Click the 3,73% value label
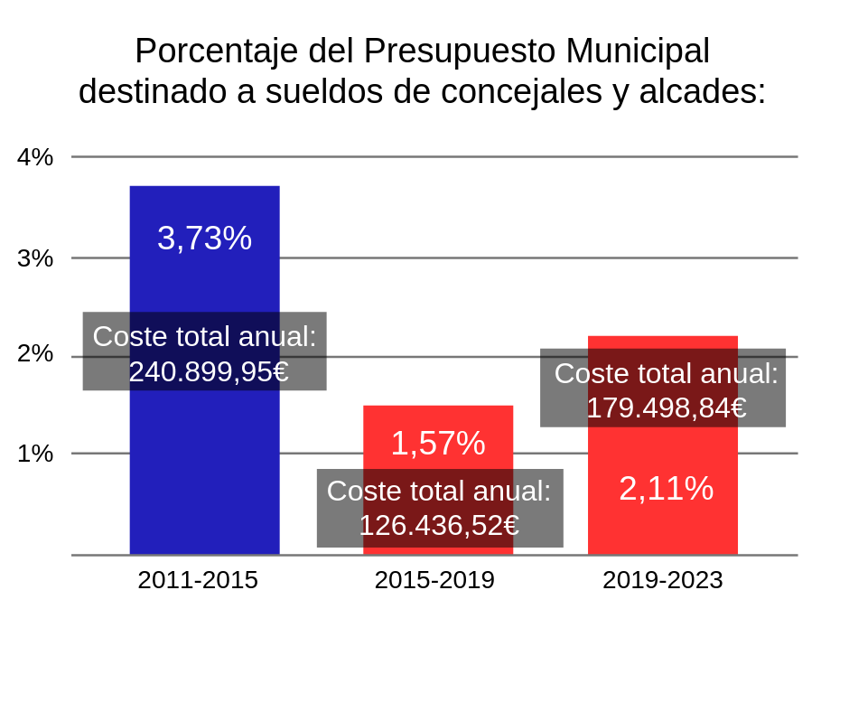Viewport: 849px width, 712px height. click(x=204, y=239)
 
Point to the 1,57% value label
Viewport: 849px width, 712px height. click(x=438, y=444)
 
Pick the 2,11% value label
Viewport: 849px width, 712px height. click(x=667, y=489)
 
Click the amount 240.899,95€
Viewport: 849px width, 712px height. click(x=209, y=371)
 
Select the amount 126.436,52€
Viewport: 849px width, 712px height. click(x=439, y=525)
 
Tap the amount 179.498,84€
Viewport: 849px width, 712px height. click(x=667, y=408)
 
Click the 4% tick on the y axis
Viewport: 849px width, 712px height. click(x=35, y=157)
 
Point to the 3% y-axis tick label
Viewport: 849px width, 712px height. click(x=35, y=258)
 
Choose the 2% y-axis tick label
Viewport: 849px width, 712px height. click(x=35, y=353)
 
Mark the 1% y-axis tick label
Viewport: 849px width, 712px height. click(x=35, y=454)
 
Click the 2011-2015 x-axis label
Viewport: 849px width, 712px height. click(x=198, y=580)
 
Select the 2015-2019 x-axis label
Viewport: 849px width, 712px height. click(x=434, y=580)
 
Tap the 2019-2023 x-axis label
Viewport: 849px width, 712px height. click(x=663, y=580)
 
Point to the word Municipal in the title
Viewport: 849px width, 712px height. click(x=638, y=52)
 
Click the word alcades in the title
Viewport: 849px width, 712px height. click(x=702, y=92)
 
